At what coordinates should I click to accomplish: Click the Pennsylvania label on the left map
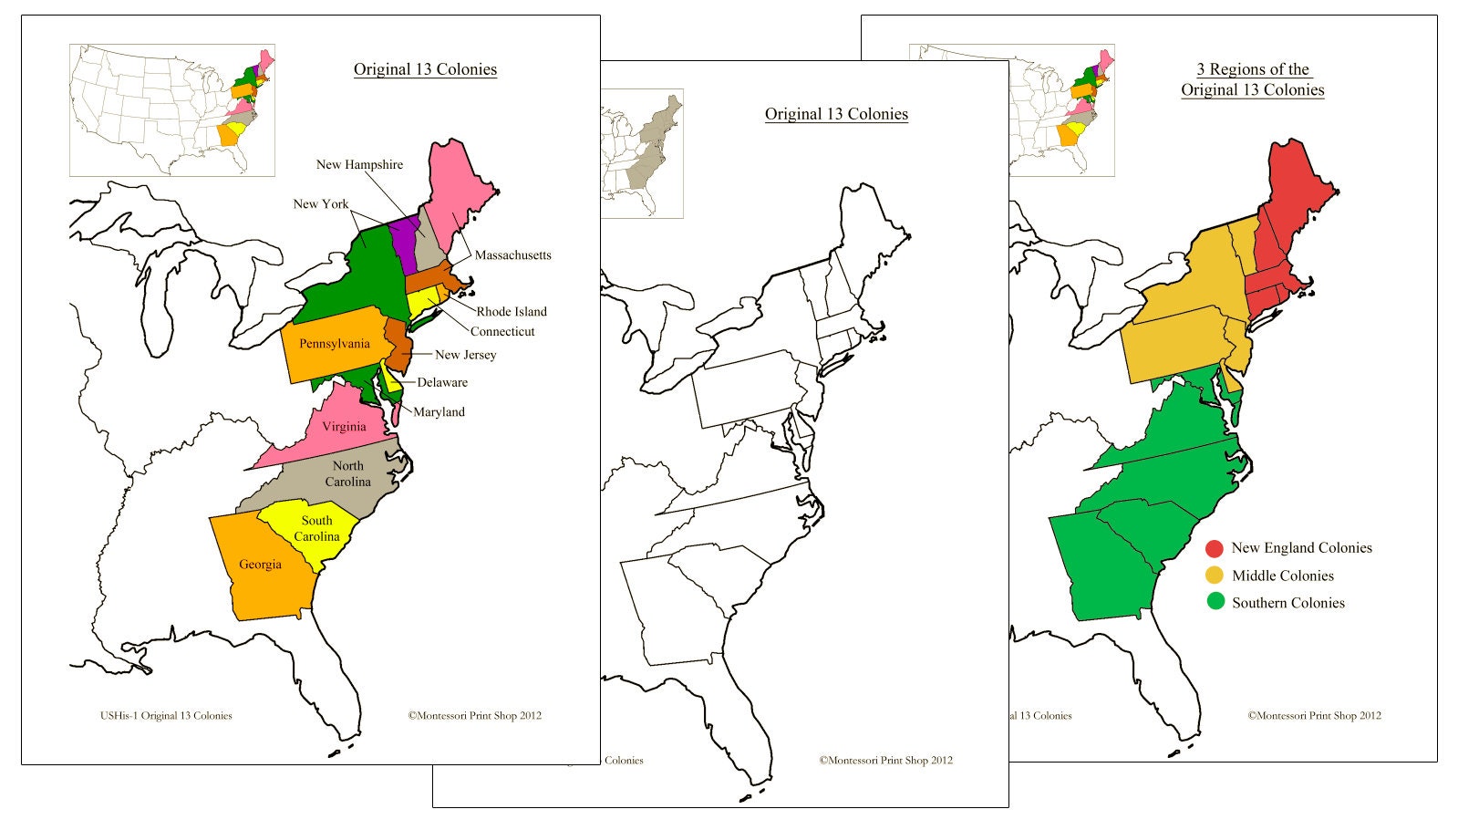pyautogui.click(x=335, y=344)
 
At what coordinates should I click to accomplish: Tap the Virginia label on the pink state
pyautogui.click(x=344, y=426)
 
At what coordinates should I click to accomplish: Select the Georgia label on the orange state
pyautogui.click(x=260, y=565)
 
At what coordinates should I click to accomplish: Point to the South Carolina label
pyautogui.click(x=316, y=528)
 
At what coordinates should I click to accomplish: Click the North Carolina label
pyautogui.click(x=347, y=473)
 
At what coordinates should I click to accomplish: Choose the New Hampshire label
pyautogui.click(x=359, y=165)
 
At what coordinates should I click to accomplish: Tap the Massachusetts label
pyautogui.click(x=512, y=255)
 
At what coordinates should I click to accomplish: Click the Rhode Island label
pyautogui.click(x=512, y=312)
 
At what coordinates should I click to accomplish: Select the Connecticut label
pyautogui.click(x=502, y=332)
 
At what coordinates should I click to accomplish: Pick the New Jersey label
pyautogui.click(x=465, y=355)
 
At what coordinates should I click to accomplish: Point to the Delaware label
pyautogui.click(x=442, y=383)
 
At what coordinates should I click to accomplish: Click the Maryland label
pyautogui.click(x=439, y=412)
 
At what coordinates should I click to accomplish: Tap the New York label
pyautogui.click(x=320, y=204)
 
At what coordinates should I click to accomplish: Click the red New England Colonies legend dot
pyautogui.click(x=1214, y=548)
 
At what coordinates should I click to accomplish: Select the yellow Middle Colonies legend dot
pyautogui.click(x=1214, y=576)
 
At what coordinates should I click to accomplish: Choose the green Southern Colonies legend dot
pyautogui.click(x=1215, y=602)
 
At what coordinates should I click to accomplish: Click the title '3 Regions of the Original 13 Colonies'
pyautogui.click(x=1253, y=79)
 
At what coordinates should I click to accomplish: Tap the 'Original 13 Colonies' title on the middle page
pyautogui.click(x=836, y=114)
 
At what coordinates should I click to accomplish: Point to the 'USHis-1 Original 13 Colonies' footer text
pyautogui.click(x=166, y=716)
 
